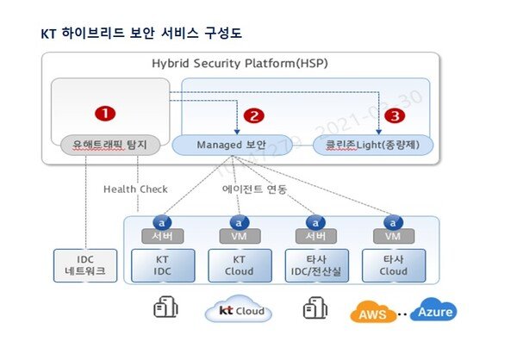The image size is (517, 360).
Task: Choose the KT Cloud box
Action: [x=240, y=264]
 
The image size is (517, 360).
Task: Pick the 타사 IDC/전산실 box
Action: [x=315, y=264]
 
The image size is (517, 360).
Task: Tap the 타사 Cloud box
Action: [x=393, y=264]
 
